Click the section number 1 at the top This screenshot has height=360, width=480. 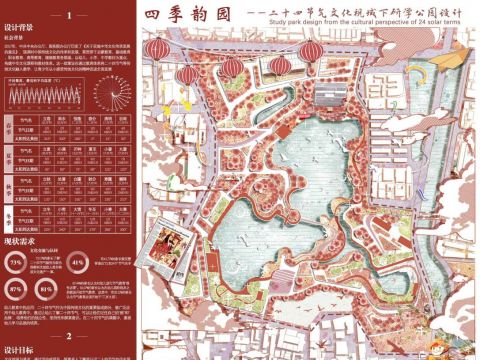(67, 16)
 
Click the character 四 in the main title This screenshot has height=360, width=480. (152, 15)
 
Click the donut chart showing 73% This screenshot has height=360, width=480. (16, 263)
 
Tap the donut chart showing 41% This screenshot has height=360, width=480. (79, 263)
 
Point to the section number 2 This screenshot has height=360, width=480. (67, 336)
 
